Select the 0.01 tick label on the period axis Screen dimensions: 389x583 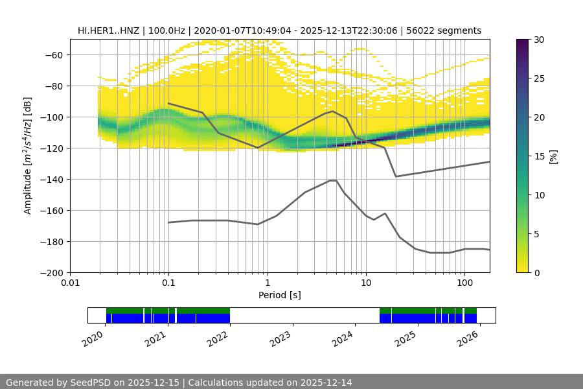(x=70, y=283)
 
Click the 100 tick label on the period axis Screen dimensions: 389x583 (x=464, y=283)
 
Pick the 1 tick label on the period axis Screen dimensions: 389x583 (x=267, y=283)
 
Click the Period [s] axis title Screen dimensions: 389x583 (x=280, y=295)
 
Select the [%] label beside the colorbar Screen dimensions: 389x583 (x=554, y=156)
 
